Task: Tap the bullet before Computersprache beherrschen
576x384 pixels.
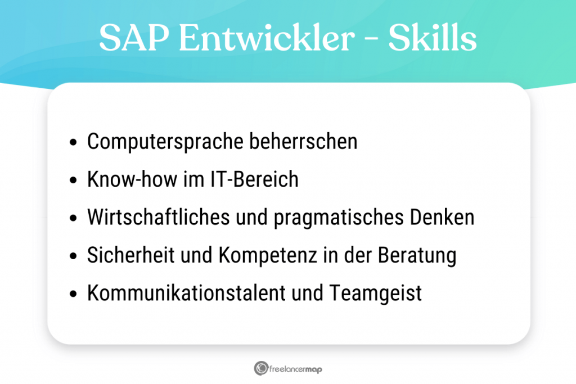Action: (73, 143)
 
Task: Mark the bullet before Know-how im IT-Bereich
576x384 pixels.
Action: (73, 181)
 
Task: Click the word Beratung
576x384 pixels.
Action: (416, 255)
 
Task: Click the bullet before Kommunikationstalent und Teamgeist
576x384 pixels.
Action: (73, 295)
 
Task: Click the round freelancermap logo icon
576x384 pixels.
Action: (261, 369)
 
